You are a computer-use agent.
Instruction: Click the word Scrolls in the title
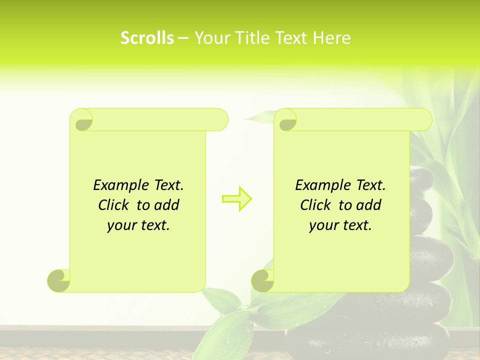click(147, 38)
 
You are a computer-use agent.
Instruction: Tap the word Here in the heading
click(331, 38)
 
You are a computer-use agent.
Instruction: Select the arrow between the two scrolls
click(236, 199)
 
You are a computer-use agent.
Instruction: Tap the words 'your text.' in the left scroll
click(138, 225)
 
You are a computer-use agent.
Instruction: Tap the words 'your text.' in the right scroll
click(340, 225)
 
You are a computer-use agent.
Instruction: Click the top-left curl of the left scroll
click(82, 120)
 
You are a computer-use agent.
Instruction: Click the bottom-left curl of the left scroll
click(59, 280)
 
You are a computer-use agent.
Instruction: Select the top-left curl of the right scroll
click(286, 120)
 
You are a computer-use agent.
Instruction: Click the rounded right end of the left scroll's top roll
click(220, 120)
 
